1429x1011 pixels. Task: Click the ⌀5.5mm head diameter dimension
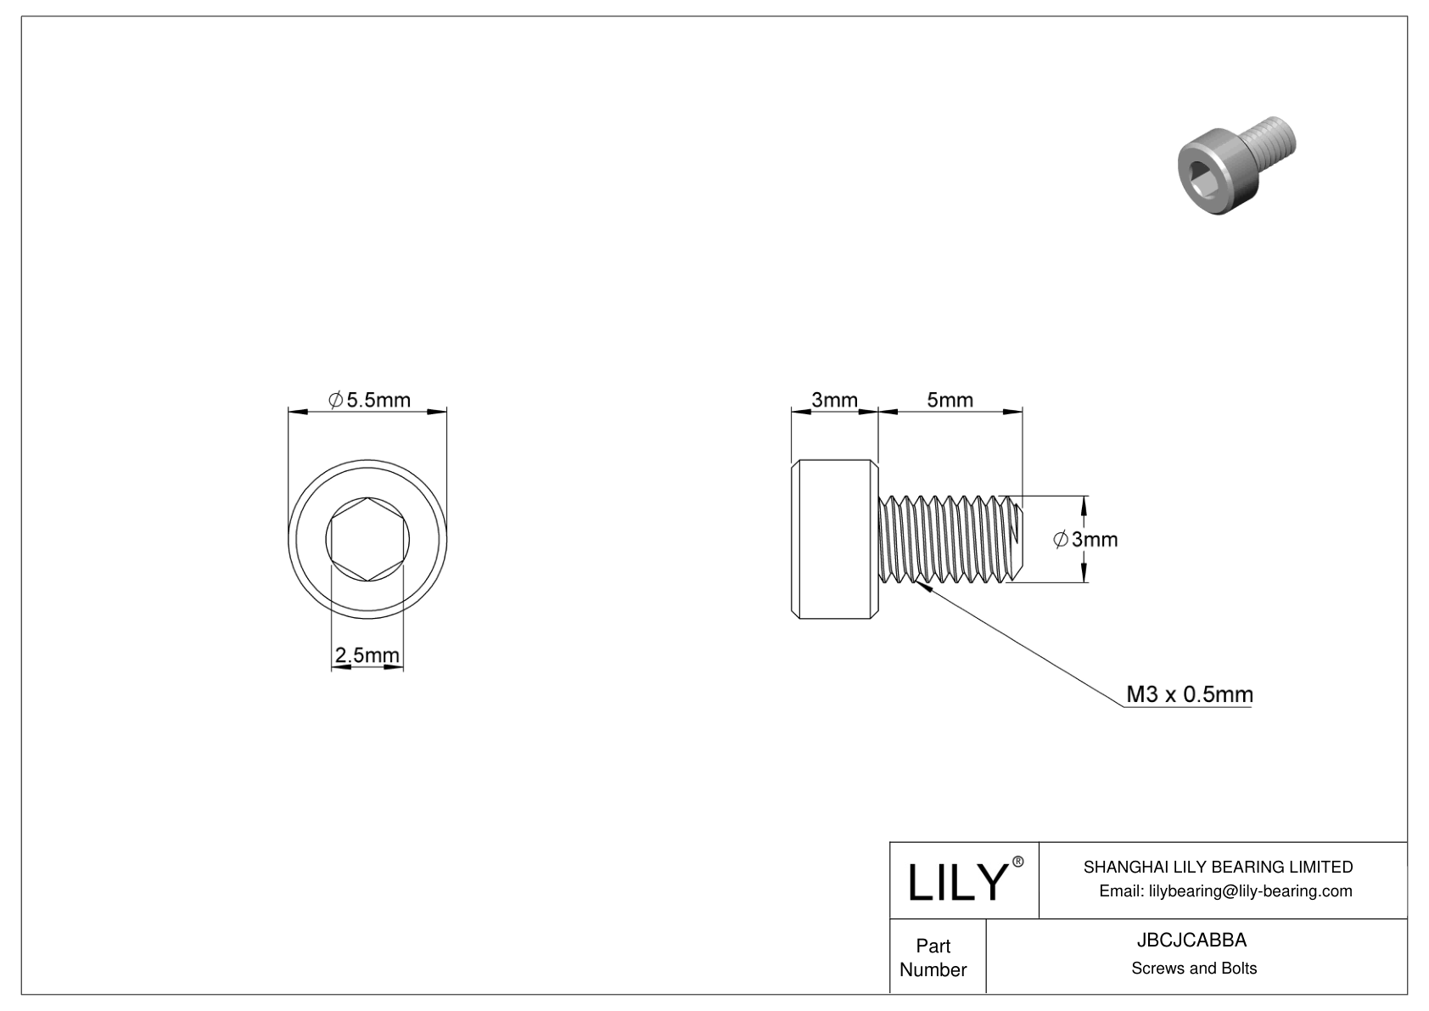click(x=369, y=400)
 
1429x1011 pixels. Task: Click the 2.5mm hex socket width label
click(x=367, y=655)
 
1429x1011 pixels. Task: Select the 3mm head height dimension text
click(x=834, y=400)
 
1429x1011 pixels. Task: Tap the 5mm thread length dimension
click(x=950, y=400)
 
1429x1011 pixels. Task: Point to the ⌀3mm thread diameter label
click(x=1086, y=539)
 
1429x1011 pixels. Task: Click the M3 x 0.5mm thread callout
click(x=1189, y=694)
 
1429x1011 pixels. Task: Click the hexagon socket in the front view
click(x=367, y=539)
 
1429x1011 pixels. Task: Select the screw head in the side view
click(x=835, y=539)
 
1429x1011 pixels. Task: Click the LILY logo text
click(x=955, y=883)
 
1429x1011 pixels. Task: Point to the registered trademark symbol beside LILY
click(x=1018, y=862)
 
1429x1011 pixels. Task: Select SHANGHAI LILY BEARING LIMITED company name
click(x=1218, y=867)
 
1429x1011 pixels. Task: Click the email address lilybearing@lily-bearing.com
click(x=1250, y=890)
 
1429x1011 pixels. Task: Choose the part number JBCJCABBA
click(x=1193, y=941)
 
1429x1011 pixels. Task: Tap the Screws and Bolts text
click(x=1193, y=969)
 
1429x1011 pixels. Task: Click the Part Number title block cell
click(x=933, y=958)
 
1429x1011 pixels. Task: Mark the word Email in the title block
click(x=1120, y=890)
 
